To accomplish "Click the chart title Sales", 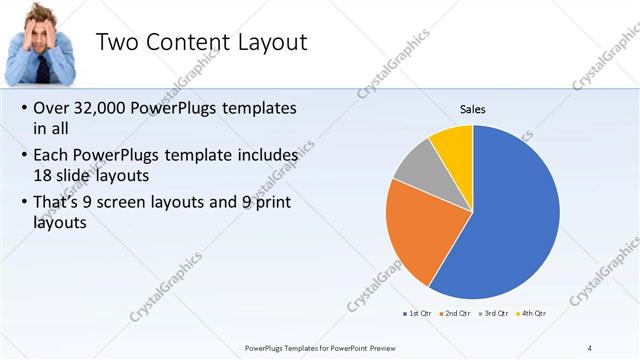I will coord(473,110).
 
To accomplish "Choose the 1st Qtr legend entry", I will coord(417,314).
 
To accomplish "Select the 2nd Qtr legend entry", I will coord(458,314).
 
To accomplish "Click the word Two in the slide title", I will coord(118,43).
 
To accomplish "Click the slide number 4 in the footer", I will coord(589,348).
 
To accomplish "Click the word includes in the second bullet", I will coord(265,156).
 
